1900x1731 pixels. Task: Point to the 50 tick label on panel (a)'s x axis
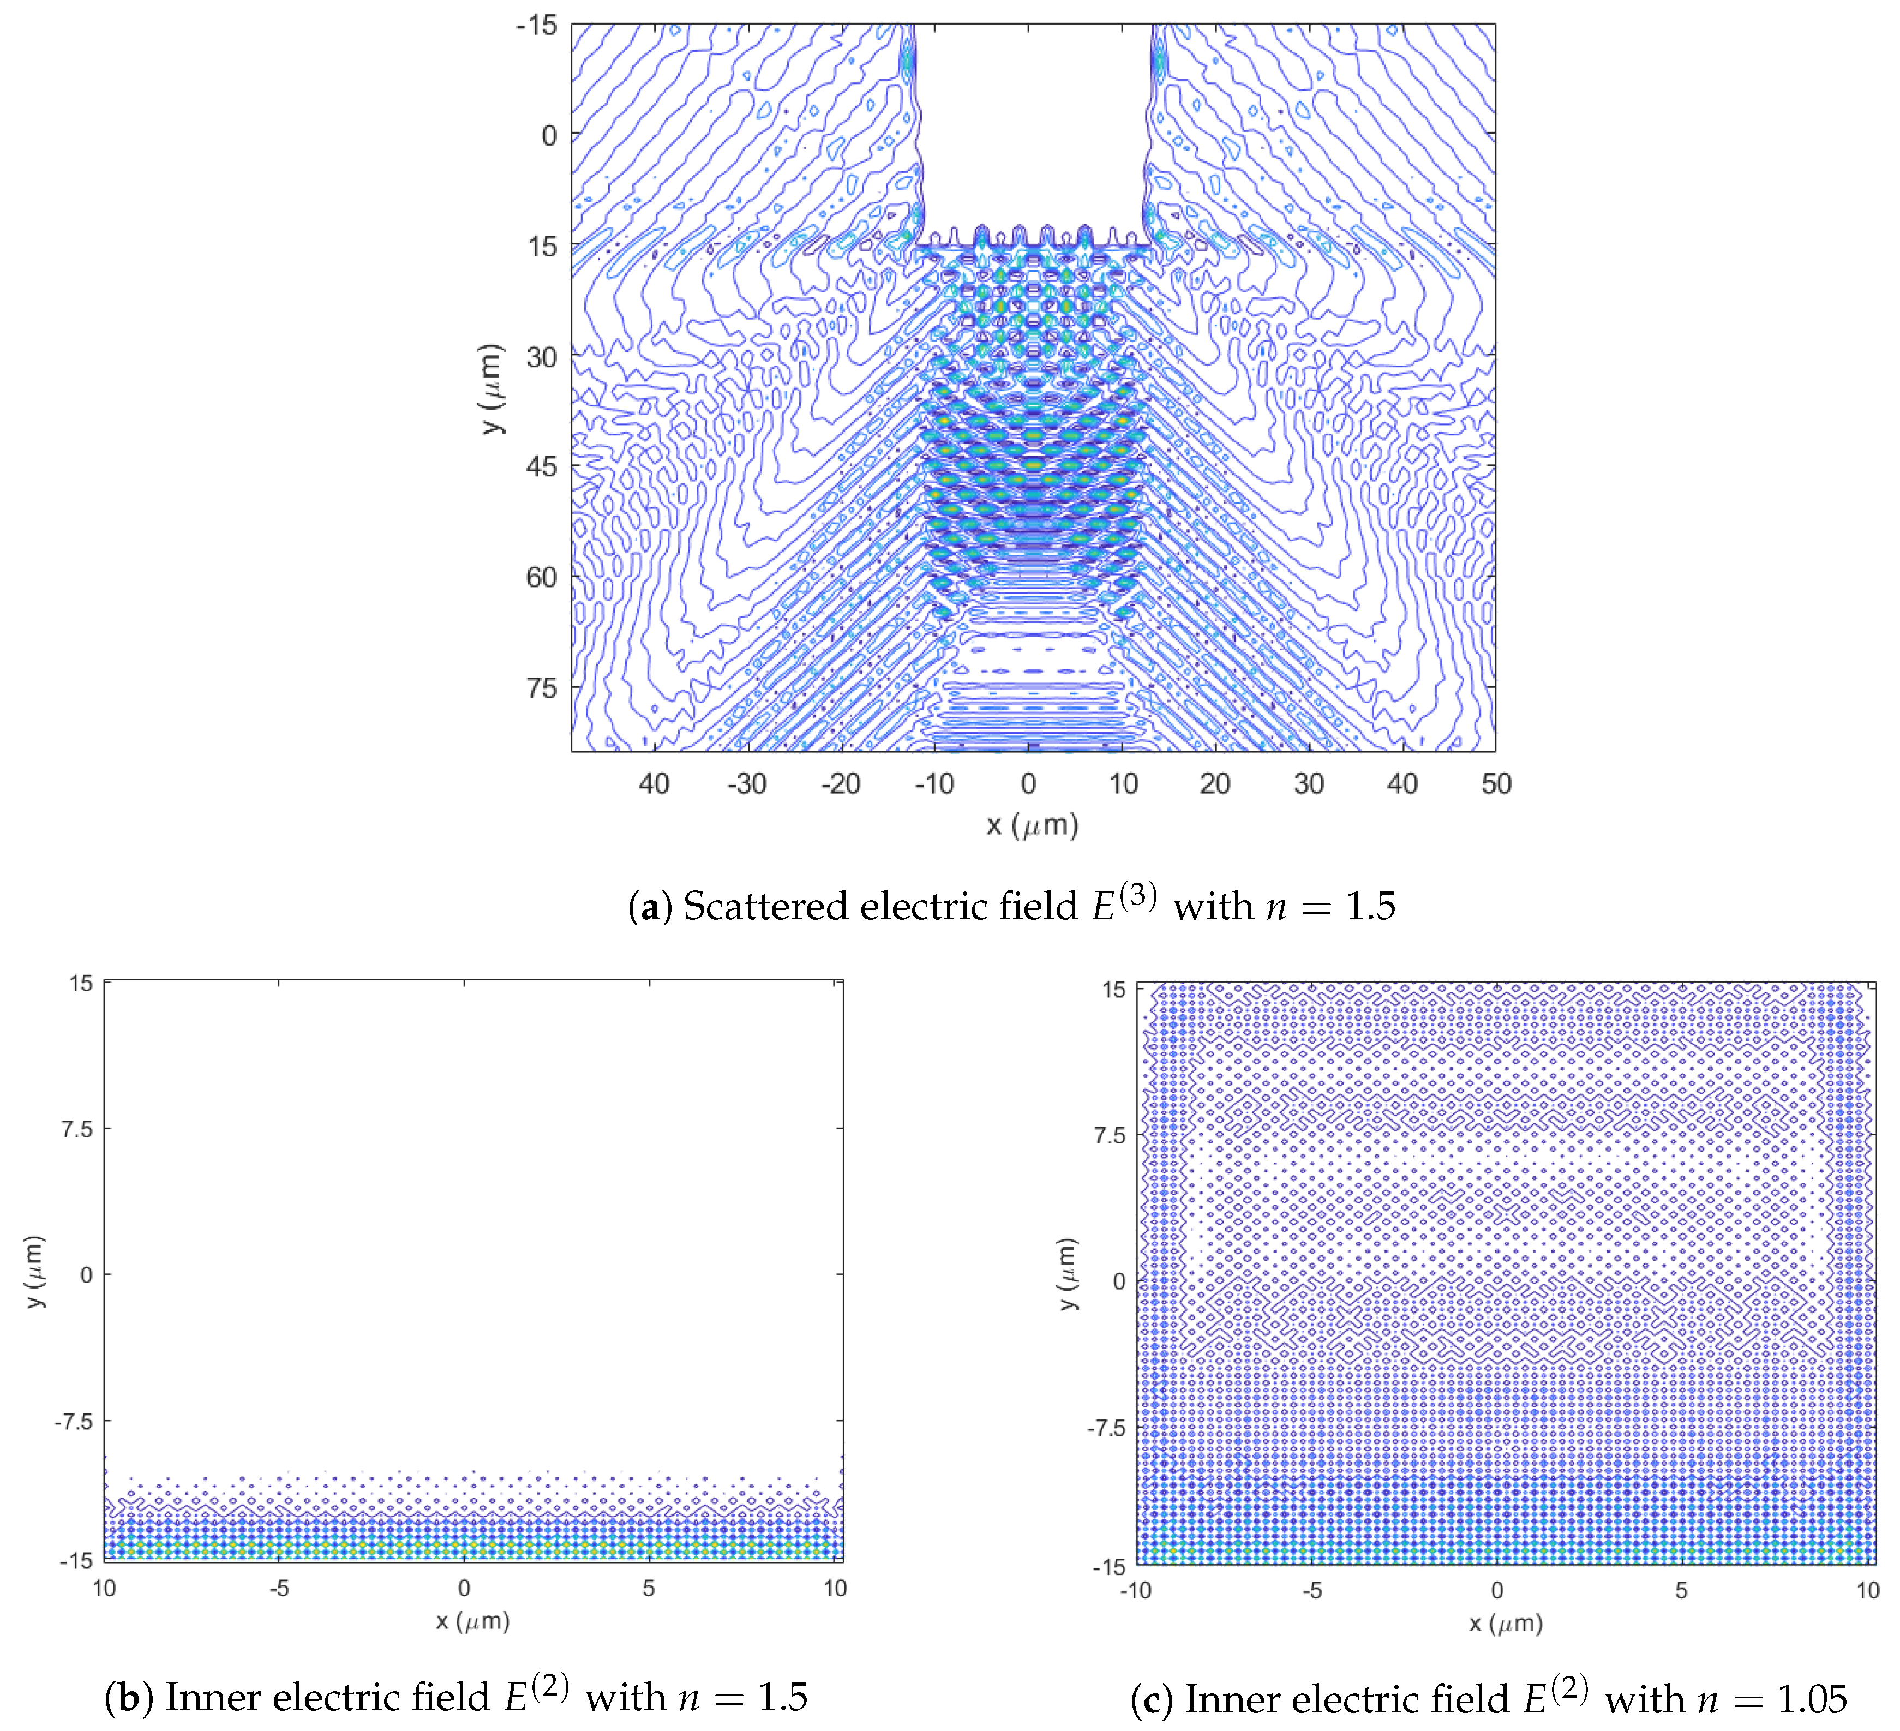[1496, 784]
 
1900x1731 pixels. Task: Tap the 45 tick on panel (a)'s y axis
[542, 466]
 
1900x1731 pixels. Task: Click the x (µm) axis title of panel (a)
[1032, 826]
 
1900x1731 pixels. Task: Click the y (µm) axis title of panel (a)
[491, 388]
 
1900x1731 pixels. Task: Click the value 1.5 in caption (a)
[1369, 907]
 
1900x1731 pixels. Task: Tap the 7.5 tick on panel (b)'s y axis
[78, 1129]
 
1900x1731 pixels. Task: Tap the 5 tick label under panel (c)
[1680, 1591]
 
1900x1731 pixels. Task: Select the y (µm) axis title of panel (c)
[1067, 1274]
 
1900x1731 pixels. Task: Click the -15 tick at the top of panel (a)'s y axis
[537, 26]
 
